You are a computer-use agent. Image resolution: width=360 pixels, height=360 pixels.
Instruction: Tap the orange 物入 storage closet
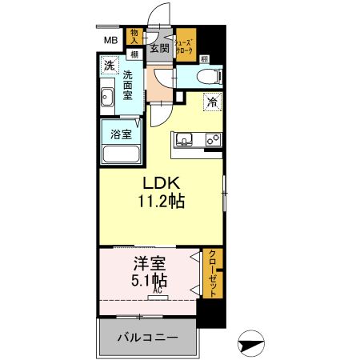(134, 37)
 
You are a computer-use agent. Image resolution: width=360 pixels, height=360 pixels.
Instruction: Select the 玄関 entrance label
(159, 49)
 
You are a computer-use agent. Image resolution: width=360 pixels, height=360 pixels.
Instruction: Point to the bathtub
(121, 153)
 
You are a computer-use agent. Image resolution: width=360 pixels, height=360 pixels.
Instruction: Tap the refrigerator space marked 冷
(212, 102)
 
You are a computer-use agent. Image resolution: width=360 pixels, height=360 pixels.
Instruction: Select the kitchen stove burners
(213, 139)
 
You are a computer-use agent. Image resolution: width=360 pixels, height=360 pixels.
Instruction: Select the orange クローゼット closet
(213, 272)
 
